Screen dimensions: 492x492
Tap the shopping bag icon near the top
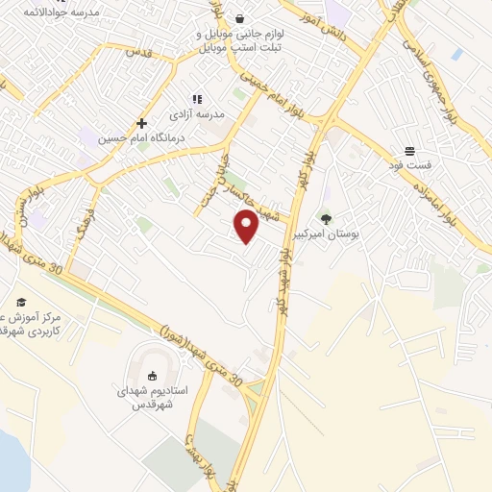click(239, 18)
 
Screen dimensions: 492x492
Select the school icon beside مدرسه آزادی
click(197, 98)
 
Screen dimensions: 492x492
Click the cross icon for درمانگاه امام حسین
click(141, 123)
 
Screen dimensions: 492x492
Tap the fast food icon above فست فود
click(409, 151)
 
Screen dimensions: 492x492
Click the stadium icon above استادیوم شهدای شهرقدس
click(152, 376)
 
